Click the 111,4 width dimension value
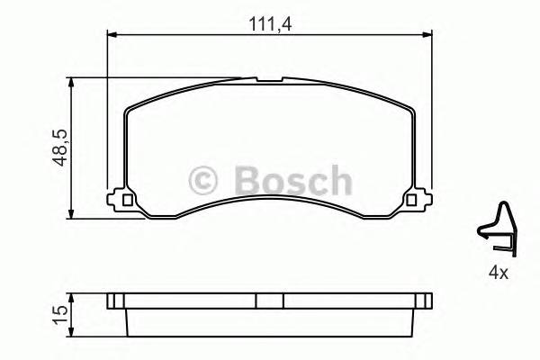click(x=266, y=23)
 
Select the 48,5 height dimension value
click(x=57, y=148)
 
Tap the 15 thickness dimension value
click(x=59, y=313)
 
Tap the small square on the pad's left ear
click(x=127, y=200)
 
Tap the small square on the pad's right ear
click(x=411, y=200)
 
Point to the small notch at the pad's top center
click(x=268, y=83)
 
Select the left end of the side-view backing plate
click(x=109, y=301)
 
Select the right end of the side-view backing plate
click(x=429, y=301)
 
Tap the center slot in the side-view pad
click(x=268, y=301)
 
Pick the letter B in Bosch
click(x=238, y=180)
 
